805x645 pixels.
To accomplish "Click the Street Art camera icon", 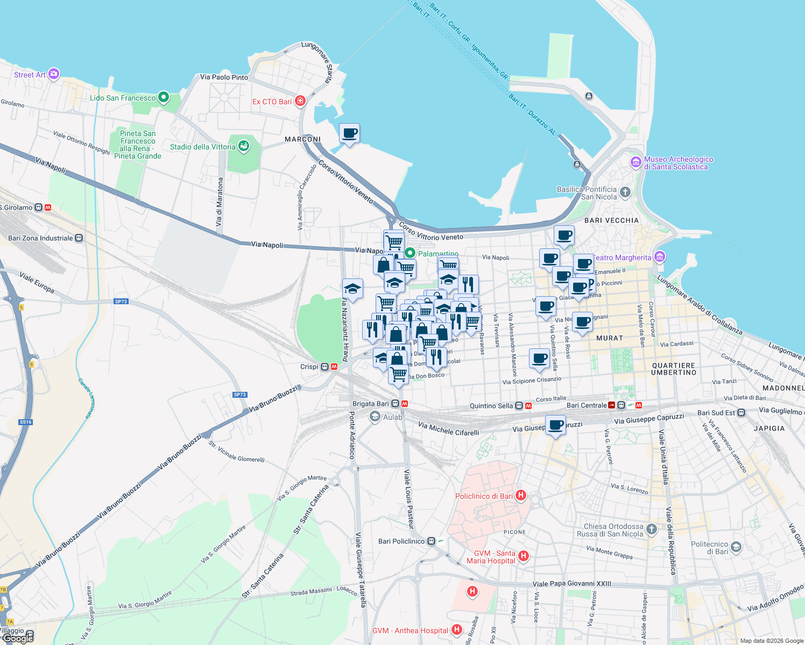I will coord(54,74).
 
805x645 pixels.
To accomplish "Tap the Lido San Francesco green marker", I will coord(163,98).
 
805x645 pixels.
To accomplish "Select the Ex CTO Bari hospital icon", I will coord(300,101).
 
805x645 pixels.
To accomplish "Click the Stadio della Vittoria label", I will coord(202,147).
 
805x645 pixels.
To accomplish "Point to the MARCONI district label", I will coord(302,139).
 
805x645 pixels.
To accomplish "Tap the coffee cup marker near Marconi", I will coord(349,133).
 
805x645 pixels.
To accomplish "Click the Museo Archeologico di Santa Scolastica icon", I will coord(636,162).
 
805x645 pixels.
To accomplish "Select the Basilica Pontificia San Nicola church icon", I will coord(625,192).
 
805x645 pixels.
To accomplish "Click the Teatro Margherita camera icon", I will coord(660,257).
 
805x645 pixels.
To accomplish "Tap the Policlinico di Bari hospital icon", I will coord(520,496).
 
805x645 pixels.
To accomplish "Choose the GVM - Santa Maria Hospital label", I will coord(491,557).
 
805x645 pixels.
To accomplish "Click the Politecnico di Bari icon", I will coord(736,547).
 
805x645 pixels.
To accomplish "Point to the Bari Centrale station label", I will coord(587,405).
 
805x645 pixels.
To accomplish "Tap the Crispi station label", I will coord(309,367).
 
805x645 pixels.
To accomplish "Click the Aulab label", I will coord(392,417).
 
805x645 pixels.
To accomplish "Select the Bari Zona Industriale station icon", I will coord(79,238).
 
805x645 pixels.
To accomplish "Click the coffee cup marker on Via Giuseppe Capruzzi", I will coord(555,425).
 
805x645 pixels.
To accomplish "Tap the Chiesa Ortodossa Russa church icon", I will coord(651,529).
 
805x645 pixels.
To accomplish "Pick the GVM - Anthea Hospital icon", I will coord(456,629).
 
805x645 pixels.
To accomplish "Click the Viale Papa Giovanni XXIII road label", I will coord(571,584).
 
